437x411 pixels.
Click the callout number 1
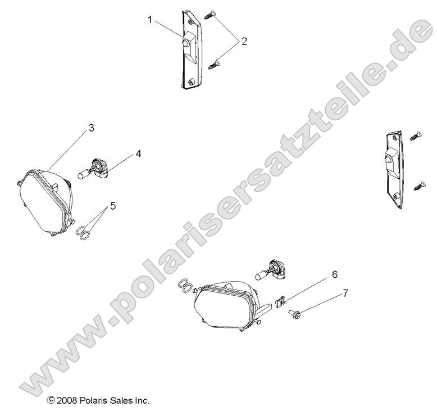[150, 19]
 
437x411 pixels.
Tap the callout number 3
[91, 128]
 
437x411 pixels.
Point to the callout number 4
[137, 153]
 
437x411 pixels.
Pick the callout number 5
[113, 206]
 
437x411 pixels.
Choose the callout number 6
[334, 274]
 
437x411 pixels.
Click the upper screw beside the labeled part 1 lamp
[210, 15]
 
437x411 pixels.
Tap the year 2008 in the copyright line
[66, 401]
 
